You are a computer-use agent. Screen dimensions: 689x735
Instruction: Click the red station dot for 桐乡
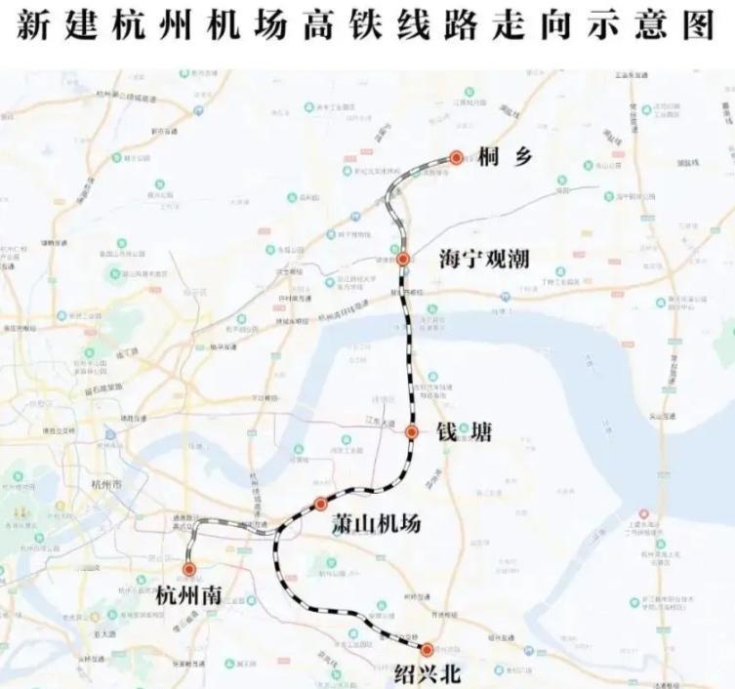(456, 156)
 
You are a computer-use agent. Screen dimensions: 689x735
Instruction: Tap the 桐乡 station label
(505, 157)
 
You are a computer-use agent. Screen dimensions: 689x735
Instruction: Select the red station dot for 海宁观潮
(402, 260)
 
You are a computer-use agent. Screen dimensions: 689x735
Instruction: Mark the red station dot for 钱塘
(412, 431)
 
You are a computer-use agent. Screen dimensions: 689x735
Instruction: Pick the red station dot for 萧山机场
(320, 504)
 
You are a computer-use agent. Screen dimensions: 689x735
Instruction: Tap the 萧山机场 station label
(376, 524)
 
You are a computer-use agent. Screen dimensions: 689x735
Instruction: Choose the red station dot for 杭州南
(188, 568)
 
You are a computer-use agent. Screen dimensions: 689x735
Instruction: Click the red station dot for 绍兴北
(427, 649)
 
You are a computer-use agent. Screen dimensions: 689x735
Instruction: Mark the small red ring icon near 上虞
(641, 513)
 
